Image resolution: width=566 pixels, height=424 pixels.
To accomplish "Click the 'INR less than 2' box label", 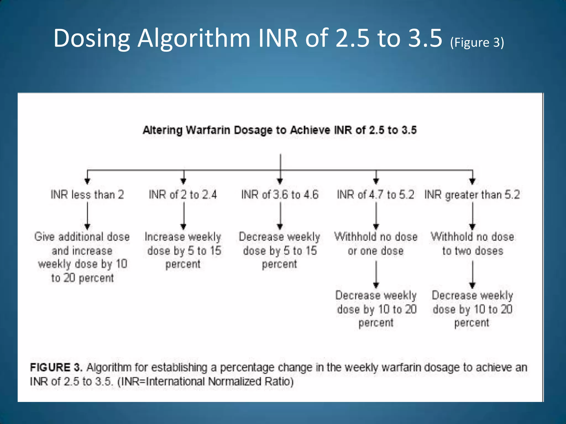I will [87, 195].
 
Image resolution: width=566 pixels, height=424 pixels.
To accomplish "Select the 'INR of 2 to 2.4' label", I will [183, 195].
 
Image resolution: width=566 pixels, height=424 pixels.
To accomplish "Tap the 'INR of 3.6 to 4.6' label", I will [280, 195].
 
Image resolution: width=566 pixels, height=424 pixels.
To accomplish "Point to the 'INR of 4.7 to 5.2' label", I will [376, 195].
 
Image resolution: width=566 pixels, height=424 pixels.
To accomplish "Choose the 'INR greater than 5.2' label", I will [472, 195].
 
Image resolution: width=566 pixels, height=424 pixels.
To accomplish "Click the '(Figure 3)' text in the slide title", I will [477, 43].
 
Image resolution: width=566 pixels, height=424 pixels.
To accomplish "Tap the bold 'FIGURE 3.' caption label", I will [56, 367].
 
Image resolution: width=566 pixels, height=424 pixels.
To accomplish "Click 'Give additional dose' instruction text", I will [82, 237].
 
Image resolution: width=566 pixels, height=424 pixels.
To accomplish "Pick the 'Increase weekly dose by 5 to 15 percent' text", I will [183, 250].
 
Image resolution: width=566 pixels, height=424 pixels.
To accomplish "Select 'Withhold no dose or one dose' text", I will [376, 244].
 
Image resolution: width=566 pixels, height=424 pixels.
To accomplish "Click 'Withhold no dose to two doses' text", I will [472, 244].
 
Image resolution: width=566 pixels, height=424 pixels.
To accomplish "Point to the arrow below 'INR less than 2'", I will [87, 216].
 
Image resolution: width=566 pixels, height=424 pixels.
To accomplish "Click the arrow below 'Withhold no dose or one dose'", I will [376, 274].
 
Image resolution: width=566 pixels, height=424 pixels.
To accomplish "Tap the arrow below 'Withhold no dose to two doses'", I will [473, 274].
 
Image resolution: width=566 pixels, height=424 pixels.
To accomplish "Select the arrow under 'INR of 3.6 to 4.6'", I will [280, 216].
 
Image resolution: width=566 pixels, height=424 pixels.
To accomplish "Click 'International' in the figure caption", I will [176, 381].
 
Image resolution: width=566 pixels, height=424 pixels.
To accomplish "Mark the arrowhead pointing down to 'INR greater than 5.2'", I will [473, 181].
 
